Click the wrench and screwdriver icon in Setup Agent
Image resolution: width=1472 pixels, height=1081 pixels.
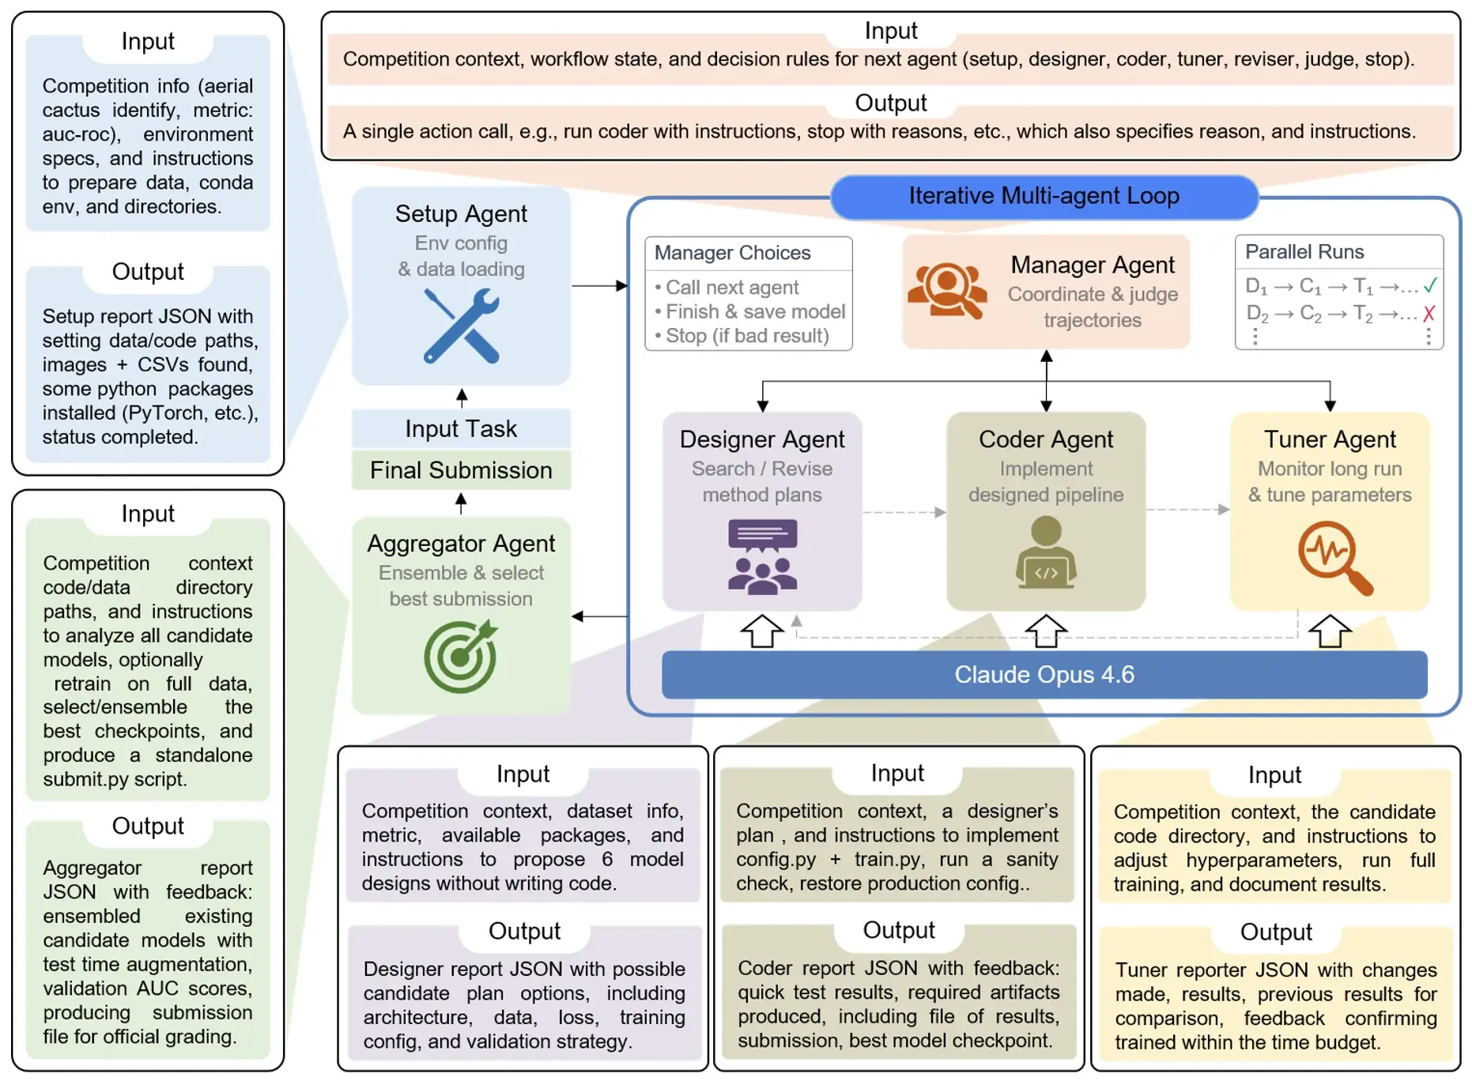(462, 326)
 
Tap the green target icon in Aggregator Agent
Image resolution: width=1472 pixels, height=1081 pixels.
(461, 656)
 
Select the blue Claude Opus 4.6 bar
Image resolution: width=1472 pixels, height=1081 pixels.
(1044, 675)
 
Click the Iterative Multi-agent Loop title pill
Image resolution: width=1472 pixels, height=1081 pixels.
(1044, 196)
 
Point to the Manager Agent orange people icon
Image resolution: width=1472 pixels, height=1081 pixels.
(947, 291)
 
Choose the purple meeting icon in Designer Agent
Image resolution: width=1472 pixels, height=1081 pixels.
(762, 556)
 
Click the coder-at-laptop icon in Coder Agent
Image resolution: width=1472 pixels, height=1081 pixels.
(1046, 553)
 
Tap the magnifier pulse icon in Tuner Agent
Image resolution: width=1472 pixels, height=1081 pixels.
(1334, 556)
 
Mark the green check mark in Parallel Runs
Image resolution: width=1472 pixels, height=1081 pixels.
(1429, 285)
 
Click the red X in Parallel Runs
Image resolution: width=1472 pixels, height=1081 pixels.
(1429, 314)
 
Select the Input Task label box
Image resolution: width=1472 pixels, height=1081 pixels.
(461, 428)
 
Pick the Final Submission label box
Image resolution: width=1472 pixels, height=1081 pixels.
(461, 470)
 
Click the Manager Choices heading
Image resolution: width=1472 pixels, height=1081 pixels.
(732, 253)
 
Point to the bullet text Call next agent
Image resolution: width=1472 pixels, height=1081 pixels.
(732, 288)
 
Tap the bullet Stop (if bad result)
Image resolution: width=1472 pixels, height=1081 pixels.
(747, 336)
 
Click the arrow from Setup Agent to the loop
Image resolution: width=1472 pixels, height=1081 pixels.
(599, 285)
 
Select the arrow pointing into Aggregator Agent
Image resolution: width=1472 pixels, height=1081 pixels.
(599, 616)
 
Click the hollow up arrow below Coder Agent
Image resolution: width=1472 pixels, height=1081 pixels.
(1046, 631)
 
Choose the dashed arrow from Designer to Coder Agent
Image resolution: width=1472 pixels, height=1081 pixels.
(904, 512)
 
